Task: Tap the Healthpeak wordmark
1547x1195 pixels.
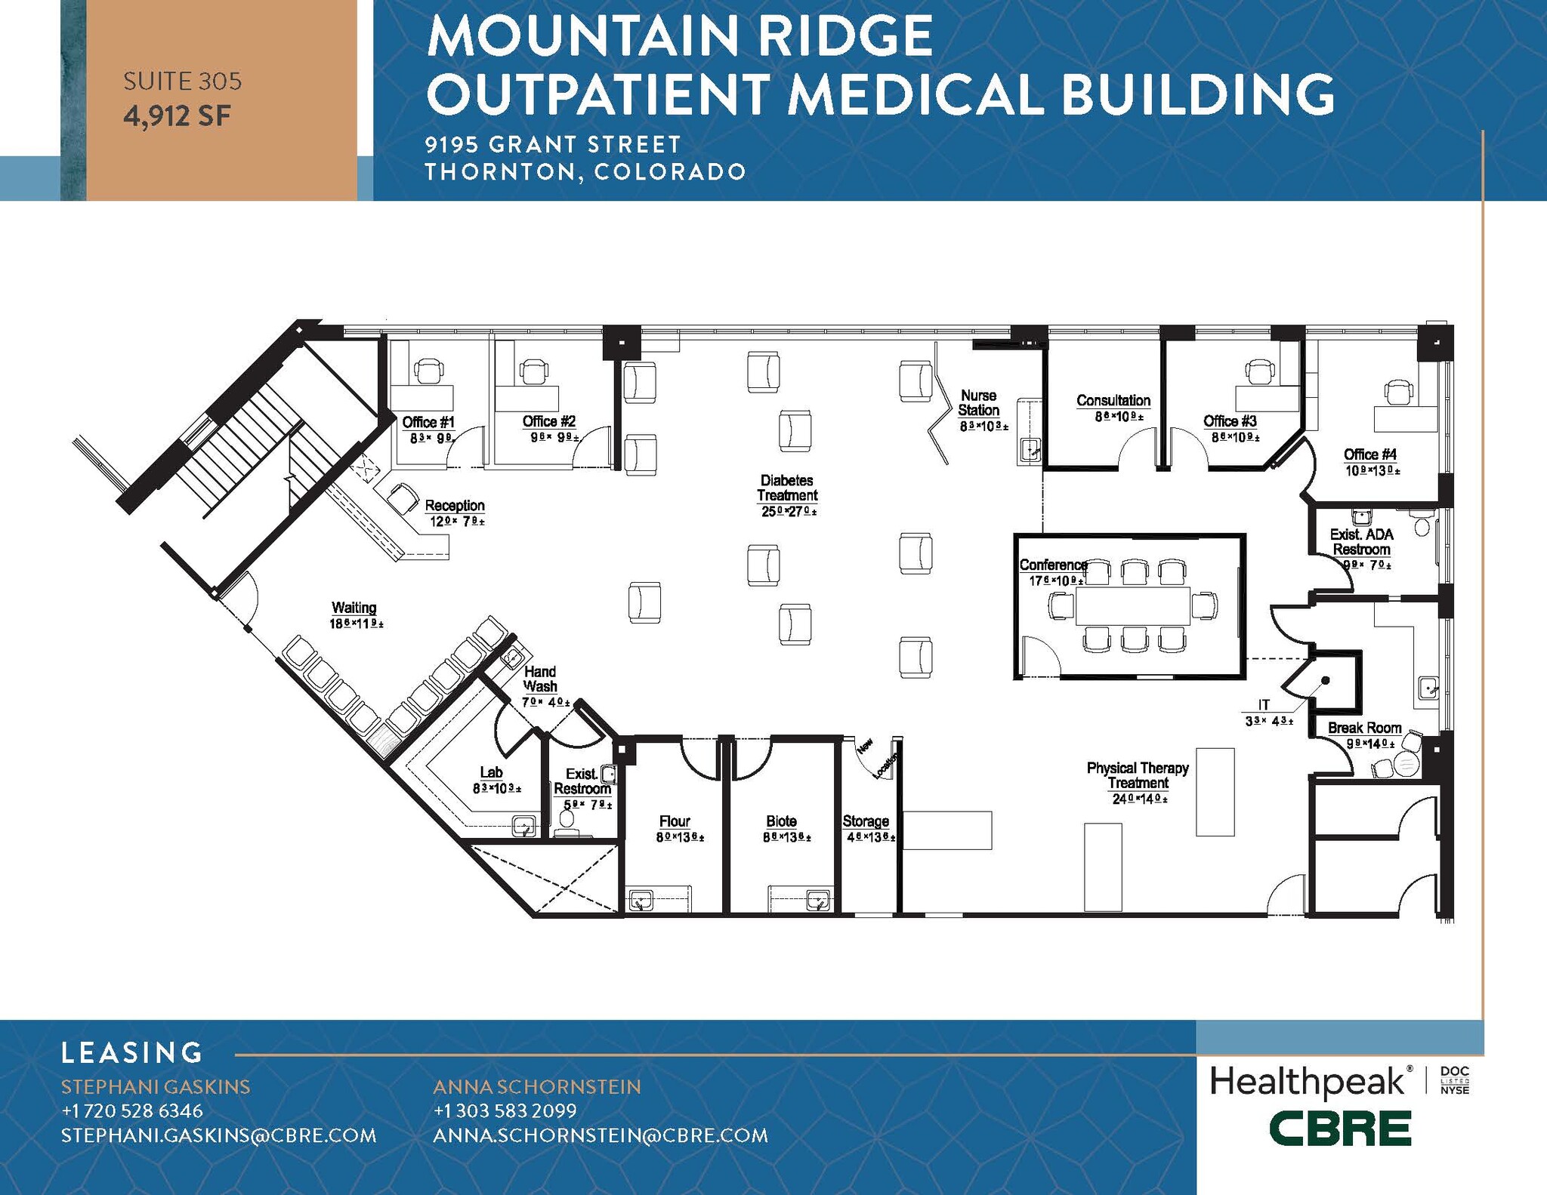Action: [1308, 1082]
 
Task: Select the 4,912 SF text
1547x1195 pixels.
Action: [177, 116]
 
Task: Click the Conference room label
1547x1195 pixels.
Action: [1053, 565]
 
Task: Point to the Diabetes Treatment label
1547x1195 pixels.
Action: [787, 488]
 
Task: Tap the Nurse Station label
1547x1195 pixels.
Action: [978, 403]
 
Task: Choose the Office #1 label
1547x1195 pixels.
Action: [428, 422]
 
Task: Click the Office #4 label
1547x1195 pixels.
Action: [1369, 454]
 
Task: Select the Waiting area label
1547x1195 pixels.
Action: [354, 608]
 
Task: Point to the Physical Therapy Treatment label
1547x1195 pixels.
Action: [1138, 775]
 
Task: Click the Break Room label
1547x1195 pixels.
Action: [1364, 728]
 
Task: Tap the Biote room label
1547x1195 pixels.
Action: [781, 821]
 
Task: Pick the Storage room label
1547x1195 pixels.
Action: [866, 821]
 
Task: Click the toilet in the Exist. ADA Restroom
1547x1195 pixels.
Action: [1422, 525]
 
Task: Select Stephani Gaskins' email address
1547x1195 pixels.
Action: [218, 1135]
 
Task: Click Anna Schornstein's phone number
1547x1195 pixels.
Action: [505, 1110]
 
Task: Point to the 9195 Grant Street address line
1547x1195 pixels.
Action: [553, 143]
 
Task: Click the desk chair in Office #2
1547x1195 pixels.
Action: [534, 371]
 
